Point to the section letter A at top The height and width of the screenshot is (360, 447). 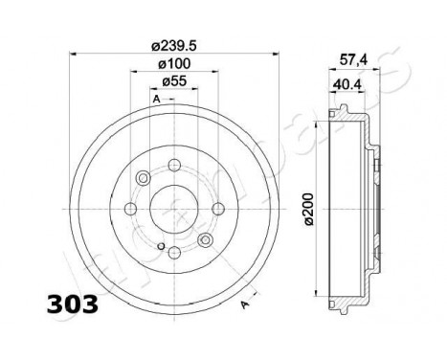pyautogui.click(x=155, y=100)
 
